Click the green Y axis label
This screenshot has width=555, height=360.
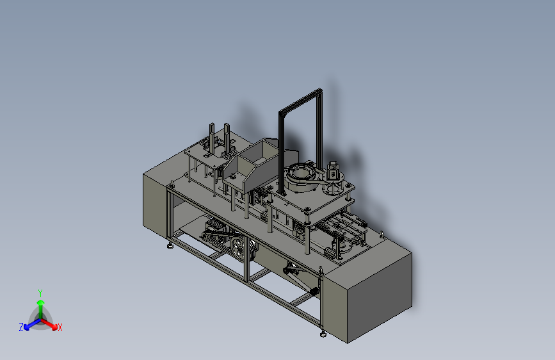(x=40, y=293)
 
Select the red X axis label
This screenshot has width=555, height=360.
(x=60, y=327)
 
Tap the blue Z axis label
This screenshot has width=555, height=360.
(x=21, y=327)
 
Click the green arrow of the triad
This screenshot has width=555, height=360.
(x=41, y=309)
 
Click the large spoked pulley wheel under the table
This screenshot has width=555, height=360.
(x=239, y=249)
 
